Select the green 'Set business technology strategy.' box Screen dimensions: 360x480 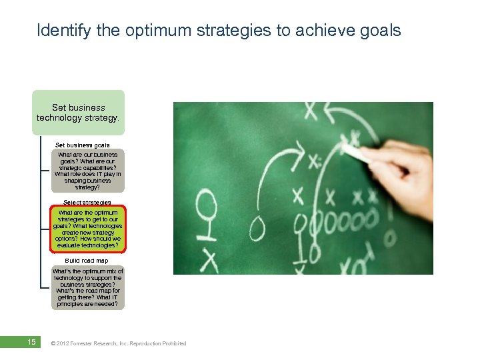pyautogui.click(x=79, y=112)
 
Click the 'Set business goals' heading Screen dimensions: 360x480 pyautogui.click(x=82, y=145)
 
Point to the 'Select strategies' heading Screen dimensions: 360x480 pyautogui.click(x=87, y=202)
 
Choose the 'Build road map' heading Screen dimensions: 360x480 pyautogui.click(x=86, y=261)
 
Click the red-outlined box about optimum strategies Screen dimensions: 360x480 pyautogui.click(x=87, y=229)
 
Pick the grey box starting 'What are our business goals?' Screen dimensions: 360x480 pyautogui.click(x=87, y=171)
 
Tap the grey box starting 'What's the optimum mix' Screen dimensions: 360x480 pyautogui.click(x=87, y=288)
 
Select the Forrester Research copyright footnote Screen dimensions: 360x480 pyautogui.click(x=119, y=343)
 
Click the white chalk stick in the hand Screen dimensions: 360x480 pyautogui.click(x=357, y=153)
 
